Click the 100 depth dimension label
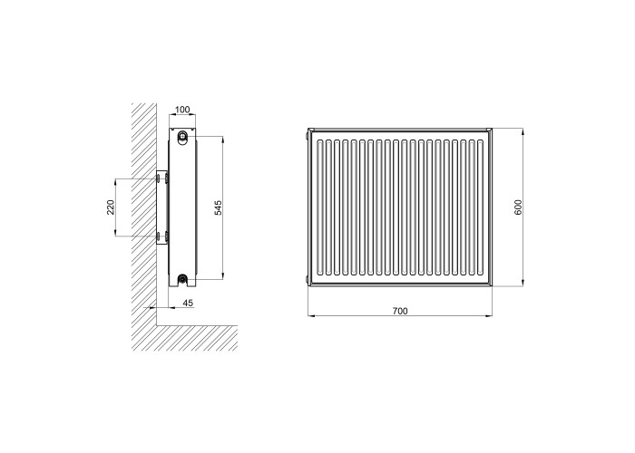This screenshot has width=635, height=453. pos(182,110)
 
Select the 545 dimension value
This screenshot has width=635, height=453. pos(219,207)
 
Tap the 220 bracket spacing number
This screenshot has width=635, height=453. pos(111,207)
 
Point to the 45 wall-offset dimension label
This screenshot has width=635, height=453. pos(189,303)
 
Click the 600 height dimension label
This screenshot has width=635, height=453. pos(518,207)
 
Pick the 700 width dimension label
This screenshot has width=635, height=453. pos(400,311)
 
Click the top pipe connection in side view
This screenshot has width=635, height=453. pos(183,135)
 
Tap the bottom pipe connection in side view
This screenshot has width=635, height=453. pos(183,278)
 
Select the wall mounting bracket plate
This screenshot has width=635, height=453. pos(161,207)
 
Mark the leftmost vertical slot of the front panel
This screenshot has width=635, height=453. pos(321,207)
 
